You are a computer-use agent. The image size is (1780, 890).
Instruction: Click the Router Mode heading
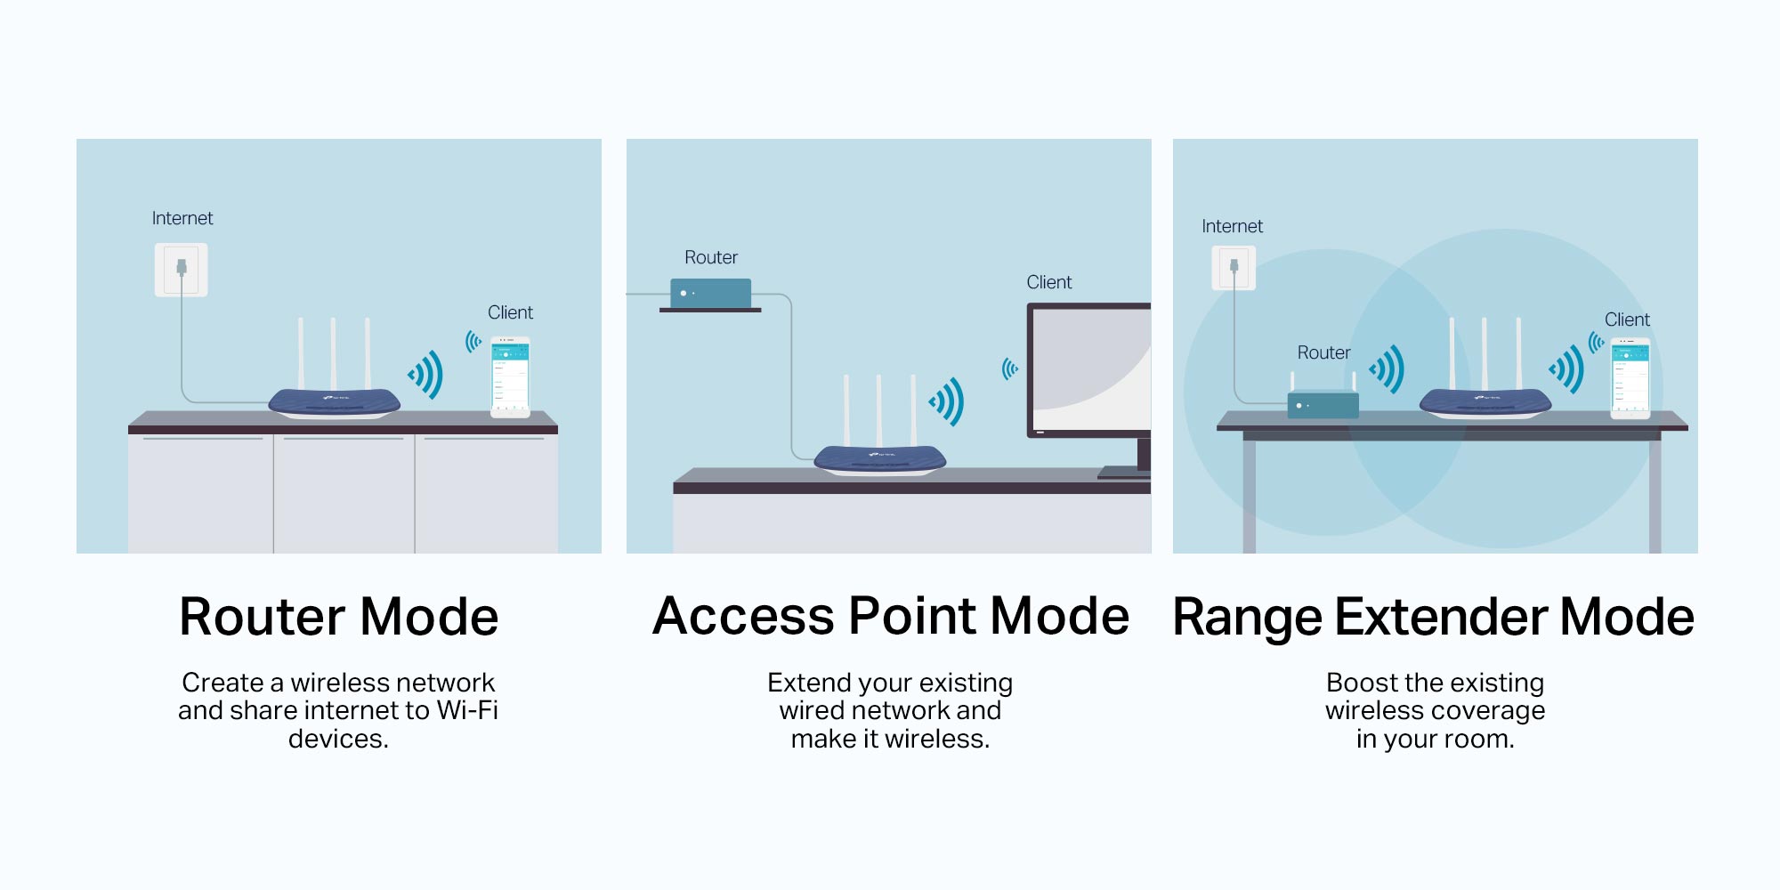point(339,617)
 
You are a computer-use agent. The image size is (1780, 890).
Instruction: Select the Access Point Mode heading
point(891,616)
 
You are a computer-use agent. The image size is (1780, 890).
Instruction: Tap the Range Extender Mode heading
point(1434,617)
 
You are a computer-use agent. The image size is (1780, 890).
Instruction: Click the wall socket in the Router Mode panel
point(182,270)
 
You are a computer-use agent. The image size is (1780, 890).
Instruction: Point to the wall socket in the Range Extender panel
point(1234,268)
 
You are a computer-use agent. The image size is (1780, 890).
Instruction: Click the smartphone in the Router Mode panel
point(511,376)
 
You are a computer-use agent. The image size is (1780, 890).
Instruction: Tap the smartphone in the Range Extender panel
point(1630,378)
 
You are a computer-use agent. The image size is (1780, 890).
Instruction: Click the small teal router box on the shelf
point(710,293)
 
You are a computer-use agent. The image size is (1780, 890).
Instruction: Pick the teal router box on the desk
point(1323,404)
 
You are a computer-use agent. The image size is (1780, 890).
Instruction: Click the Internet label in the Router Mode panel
point(182,218)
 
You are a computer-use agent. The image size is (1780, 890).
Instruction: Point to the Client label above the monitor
point(1049,282)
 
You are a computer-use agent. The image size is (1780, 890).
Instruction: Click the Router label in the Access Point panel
point(711,257)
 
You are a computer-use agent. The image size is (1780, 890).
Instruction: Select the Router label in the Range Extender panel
point(1324,352)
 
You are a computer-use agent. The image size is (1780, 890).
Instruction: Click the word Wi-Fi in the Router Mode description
point(467,710)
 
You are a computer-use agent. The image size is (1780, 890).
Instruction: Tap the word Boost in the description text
point(1362,683)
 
